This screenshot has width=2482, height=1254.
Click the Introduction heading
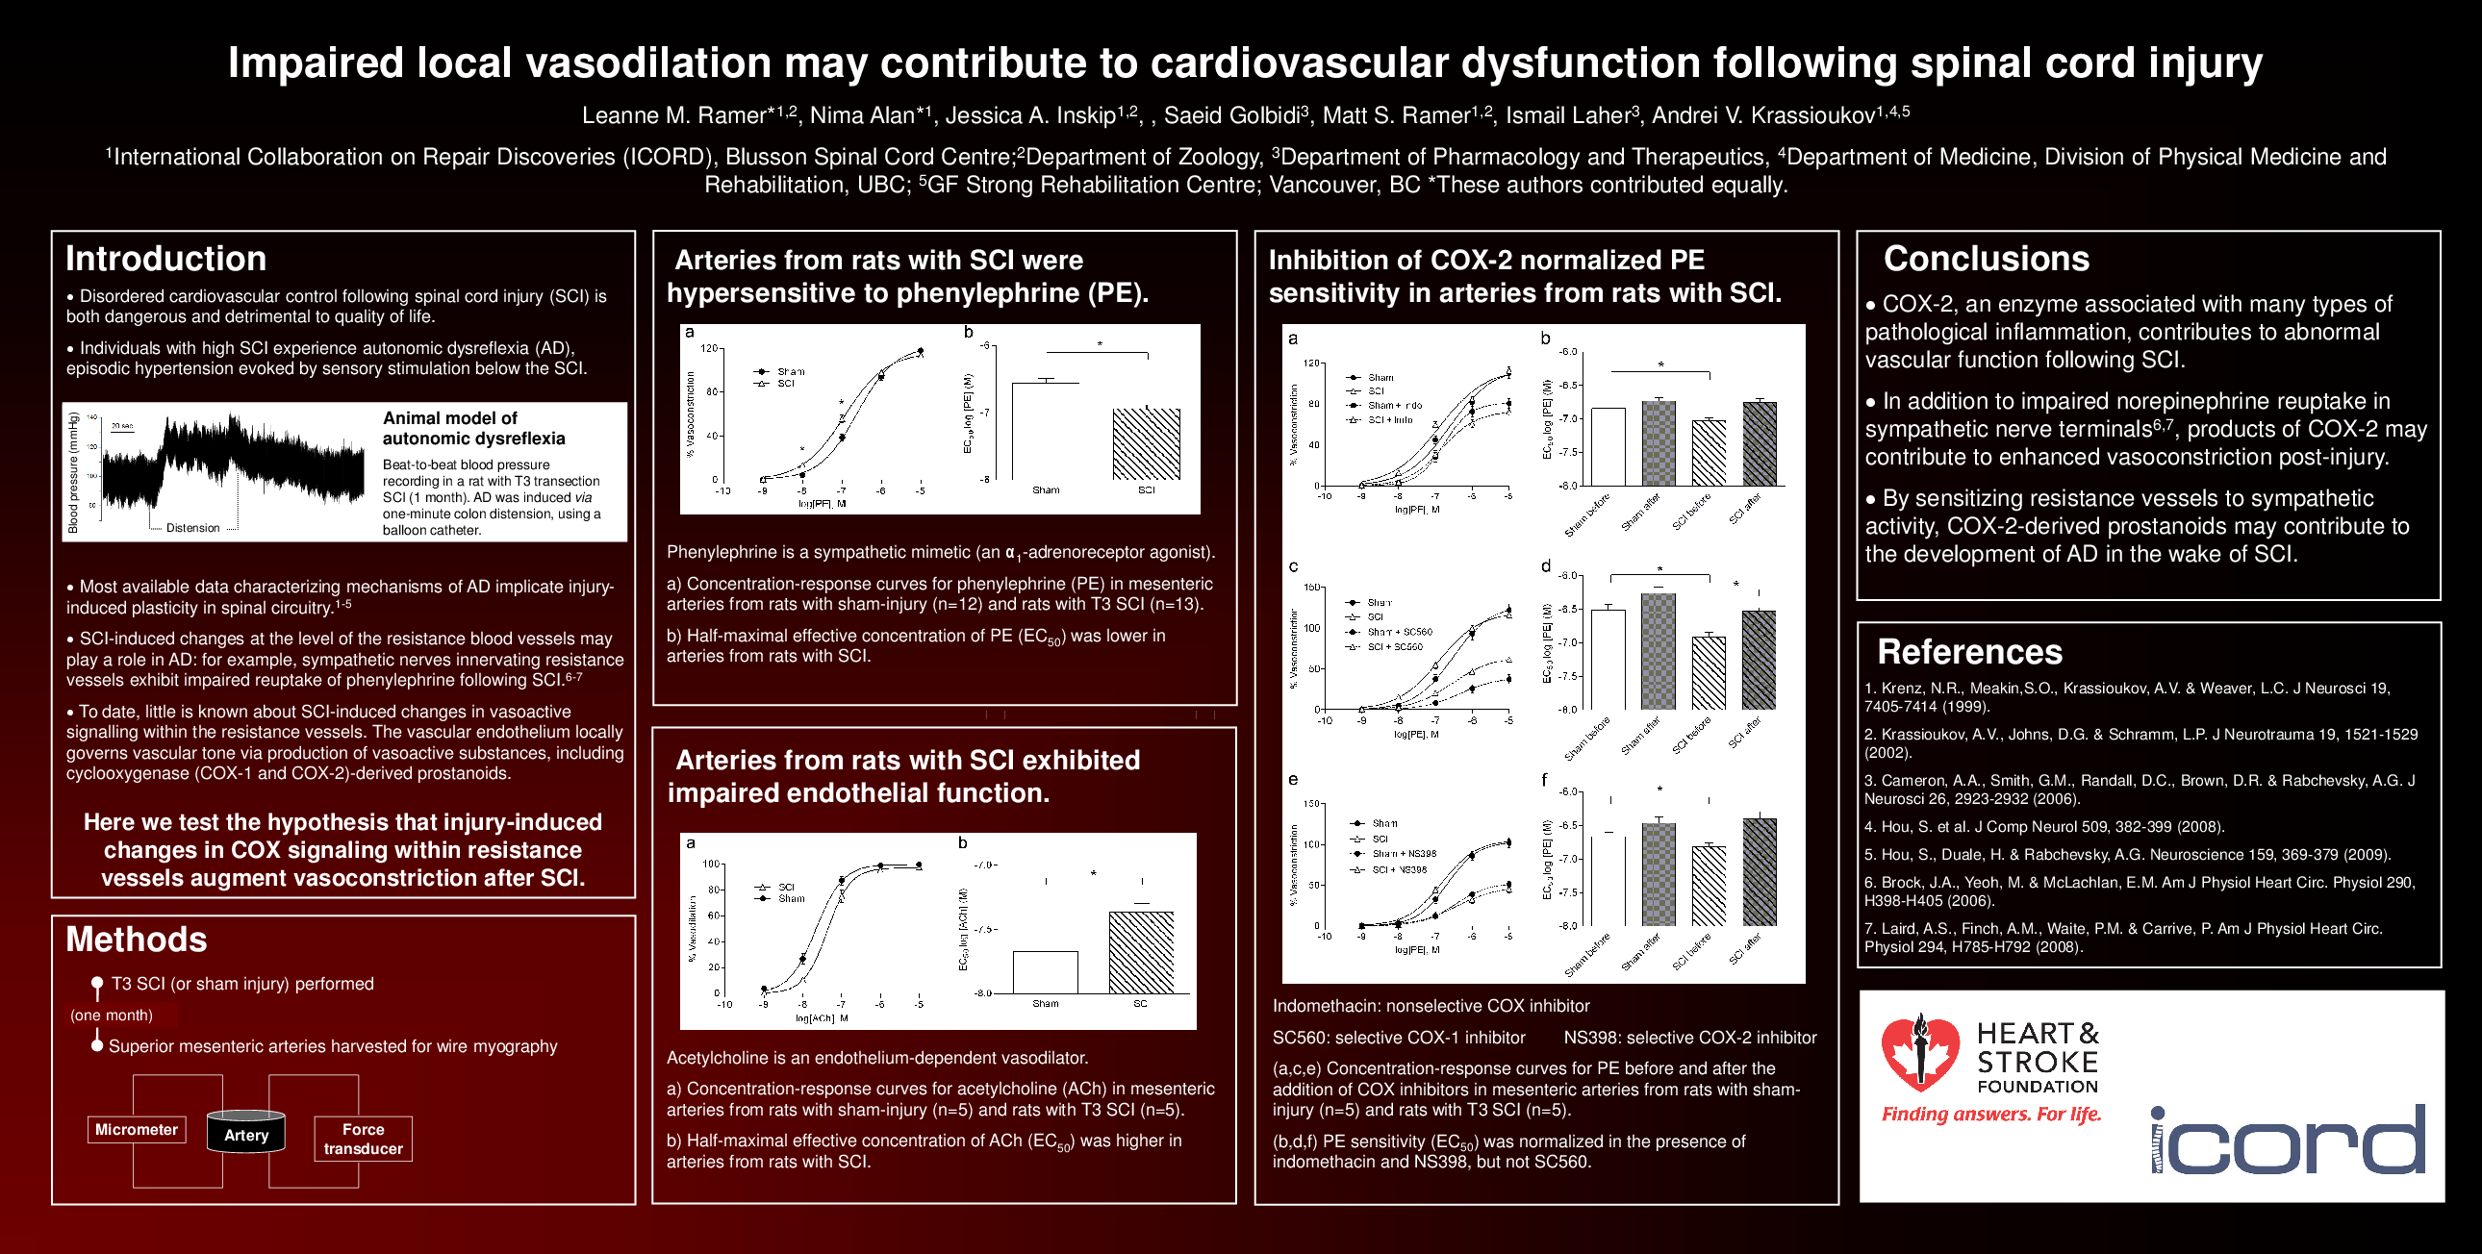point(165,259)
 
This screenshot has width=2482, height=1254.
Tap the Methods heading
point(136,939)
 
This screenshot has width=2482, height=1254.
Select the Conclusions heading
point(1986,259)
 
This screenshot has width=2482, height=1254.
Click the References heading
point(1969,652)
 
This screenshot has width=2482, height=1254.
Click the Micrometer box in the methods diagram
point(136,1130)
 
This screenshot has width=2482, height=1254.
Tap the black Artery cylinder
point(245,1134)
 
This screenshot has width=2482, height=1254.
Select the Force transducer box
point(364,1139)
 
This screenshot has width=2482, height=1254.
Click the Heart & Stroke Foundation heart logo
point(1919,1054)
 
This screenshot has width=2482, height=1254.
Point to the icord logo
point(2288,1141)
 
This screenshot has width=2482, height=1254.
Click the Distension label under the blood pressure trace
point(192,528)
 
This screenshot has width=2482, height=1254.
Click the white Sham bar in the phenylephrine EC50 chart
point(1045,431)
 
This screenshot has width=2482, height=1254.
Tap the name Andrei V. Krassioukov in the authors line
point(1763,115)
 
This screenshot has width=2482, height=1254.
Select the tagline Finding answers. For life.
point(1990,1115)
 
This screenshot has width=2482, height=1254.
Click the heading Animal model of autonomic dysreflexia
point(473,428)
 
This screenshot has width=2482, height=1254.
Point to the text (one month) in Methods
point(112,1016)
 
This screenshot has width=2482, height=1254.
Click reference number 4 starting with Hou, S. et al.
point(2042,826)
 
